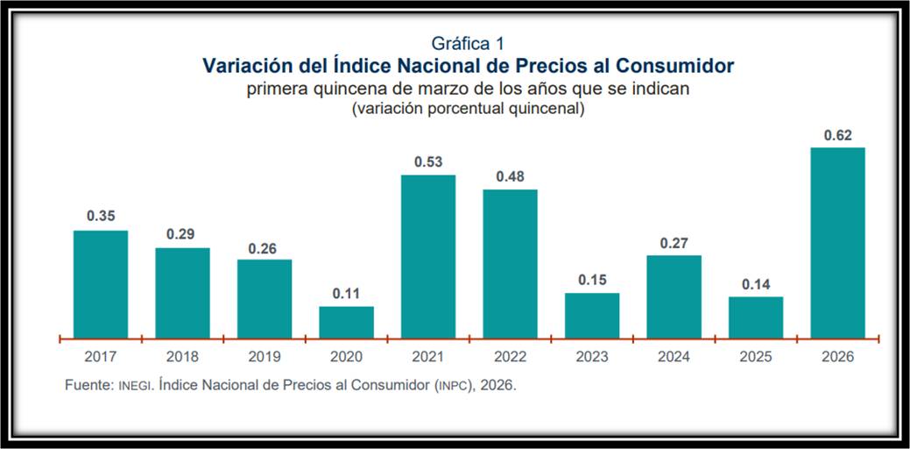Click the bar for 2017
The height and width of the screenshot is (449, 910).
pyautogui.click(x=101, y=284)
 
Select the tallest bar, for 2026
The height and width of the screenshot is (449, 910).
pyautogui.click(x=837, y=242)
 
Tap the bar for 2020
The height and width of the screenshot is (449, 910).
pyautogui.click(x=346, y=322)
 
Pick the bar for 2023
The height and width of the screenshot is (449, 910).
pyautogui.click(x=592, y=316)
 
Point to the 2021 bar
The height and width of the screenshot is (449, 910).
pyautogui.click(x=428, y=256)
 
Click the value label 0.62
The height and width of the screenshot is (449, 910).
pyautogui.click(x=837, y=135)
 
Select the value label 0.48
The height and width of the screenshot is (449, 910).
pyautogui.click(x=510, y=176)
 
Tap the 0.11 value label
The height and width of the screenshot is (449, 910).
pyautogui.click(x=346, y=294)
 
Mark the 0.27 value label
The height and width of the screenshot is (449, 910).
pyautogui.click(x=674, y=243)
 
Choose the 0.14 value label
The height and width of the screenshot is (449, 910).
pyautogui.click(x=755, y=284)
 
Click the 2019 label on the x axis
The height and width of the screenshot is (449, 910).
pyautogui.click(x=265, y=357)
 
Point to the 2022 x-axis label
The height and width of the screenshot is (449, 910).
pyautogui.click(x=510, y=357)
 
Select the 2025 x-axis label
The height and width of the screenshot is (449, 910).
pyautogui.click(x=755, y=357)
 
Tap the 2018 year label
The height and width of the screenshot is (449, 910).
pyautogui.click(x=182, y=357)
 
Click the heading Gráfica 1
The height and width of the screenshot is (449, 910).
pyautogui.click(x=468, y=43)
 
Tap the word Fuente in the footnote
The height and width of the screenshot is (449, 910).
pyautogui.click(x=88, y=386)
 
